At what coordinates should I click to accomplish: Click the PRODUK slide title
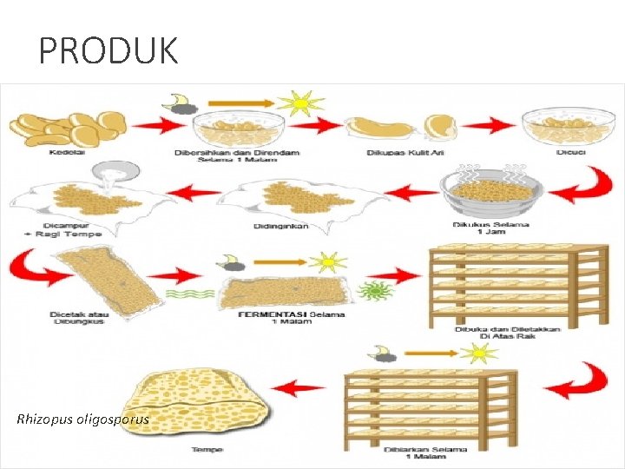click(x=109, y=51)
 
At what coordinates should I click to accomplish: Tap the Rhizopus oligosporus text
click(x=83, y=419)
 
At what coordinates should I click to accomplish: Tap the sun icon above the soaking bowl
click(x=300, y=103)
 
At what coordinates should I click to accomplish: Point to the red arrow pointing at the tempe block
click(x=305, y=387)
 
